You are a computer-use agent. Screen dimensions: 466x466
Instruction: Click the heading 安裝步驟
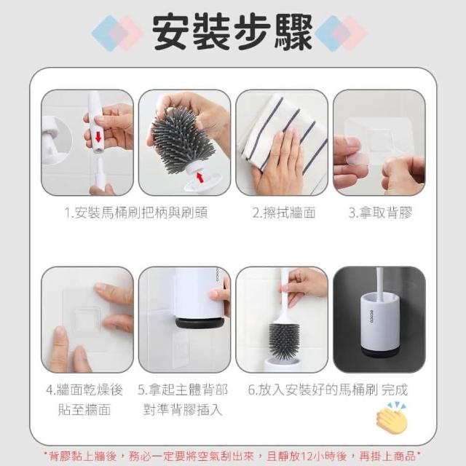click(232, 32)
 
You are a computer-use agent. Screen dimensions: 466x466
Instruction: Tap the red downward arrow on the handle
click(98, 138)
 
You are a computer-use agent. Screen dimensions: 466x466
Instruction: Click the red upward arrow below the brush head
click(200, 178)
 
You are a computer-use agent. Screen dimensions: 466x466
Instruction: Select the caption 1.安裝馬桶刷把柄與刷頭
click(136, 213)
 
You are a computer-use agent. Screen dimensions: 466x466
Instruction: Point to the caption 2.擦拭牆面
click(284, 213)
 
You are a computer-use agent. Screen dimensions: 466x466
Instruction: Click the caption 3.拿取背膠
click(381, 213)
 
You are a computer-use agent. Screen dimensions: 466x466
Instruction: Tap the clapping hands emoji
click(392, 416)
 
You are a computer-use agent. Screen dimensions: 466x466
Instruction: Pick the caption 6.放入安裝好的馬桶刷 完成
click(328, 390)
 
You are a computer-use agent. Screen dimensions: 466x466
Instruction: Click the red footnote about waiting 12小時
click(232, 455)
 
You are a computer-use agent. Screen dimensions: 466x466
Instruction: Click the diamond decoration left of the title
click(118, 33)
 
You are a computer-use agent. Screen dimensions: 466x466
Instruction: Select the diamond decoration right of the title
click(341, 33)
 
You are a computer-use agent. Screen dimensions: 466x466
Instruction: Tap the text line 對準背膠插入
click(183, 409)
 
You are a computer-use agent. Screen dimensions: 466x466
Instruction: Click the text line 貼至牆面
click(84, 409)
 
